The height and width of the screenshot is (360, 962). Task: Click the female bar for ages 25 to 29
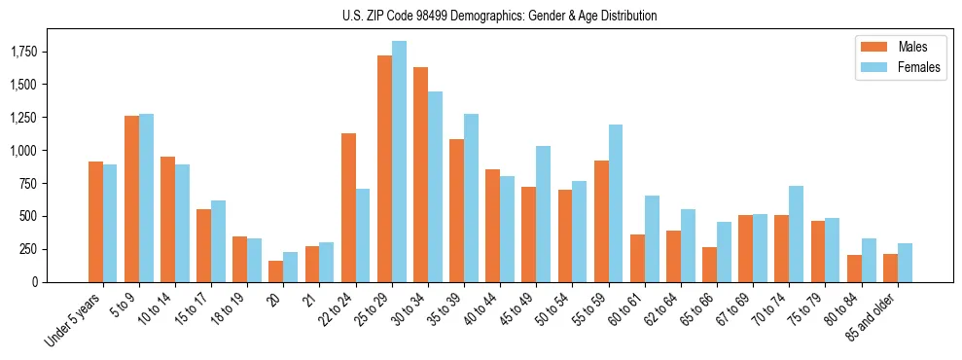(399, 162)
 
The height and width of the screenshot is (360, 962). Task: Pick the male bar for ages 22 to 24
(348, 207)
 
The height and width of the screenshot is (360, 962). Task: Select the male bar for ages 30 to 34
(420, 175)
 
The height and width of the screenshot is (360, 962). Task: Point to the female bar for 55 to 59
(616, 203)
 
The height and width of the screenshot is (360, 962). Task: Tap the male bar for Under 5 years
(95, 222)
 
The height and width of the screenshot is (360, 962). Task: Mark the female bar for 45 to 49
(544, 214)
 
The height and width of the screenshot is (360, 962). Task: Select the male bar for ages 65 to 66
(709, 265)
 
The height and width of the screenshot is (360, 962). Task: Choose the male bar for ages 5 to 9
(131, 198)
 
